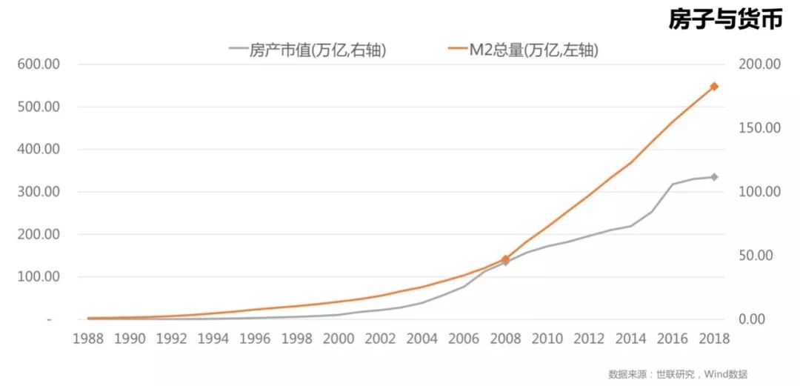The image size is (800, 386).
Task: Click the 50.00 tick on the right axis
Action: click(756, 256)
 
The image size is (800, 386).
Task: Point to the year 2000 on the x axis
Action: click(339, 339)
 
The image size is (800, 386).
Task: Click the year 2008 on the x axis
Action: click(505, 339)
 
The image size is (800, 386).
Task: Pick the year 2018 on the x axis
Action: click(713, 339)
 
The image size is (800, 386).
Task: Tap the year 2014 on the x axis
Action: click(630, 339)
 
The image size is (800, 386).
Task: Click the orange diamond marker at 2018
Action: click(714, 87)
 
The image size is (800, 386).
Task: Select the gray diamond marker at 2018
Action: click(714, 177)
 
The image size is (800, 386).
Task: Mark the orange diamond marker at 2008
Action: click(506, 259)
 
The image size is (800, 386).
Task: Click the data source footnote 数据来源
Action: click(677, 374)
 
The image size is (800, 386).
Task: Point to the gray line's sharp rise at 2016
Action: click(673, 184)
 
